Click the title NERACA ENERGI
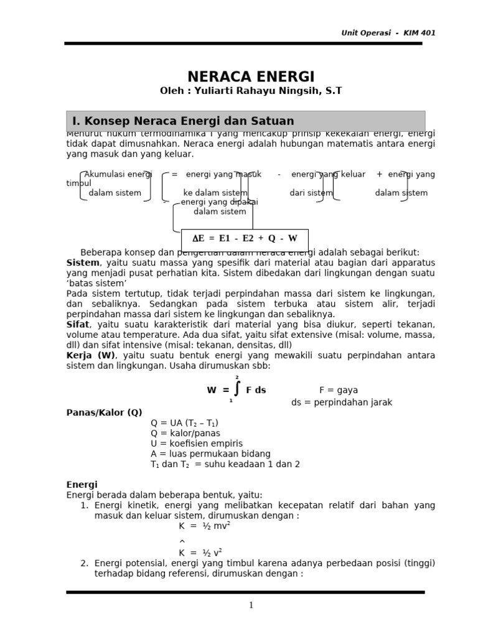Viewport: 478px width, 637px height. pos(251,77)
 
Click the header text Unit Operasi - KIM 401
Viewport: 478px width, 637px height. pos(388,33)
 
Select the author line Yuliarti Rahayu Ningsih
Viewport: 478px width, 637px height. pos(251,91)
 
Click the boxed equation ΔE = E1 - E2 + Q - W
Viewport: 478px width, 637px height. pos(245,238)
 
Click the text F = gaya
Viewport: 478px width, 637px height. pos(339,390)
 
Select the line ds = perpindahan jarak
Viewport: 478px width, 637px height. pos(342,402)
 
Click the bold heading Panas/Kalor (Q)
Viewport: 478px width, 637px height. pos(104,412)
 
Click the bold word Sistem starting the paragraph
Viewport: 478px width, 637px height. pos(83,263)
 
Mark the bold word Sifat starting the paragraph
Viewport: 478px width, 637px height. pos(78,325)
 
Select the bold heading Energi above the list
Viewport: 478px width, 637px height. pos(82,485)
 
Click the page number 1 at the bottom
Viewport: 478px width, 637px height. pos(251,605)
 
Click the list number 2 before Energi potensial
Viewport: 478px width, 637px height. pos(84,563)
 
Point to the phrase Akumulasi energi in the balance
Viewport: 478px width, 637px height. pos(118,174)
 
